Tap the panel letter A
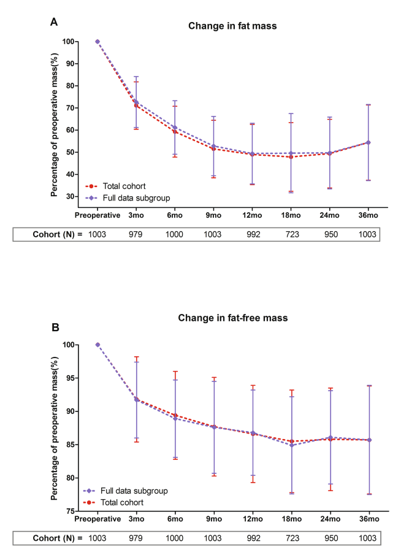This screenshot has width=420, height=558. coord(54,23)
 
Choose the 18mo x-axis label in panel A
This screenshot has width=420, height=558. coord(291,215)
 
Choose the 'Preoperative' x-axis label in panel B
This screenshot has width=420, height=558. coord(97,519)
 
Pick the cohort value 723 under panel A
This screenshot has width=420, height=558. coord(291,234)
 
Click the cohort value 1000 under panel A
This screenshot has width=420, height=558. coord(175,234)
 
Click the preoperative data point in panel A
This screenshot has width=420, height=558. coord(97,42)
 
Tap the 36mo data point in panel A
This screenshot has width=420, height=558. coord(368,142)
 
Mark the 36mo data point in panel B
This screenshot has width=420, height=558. coord(368,440)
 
